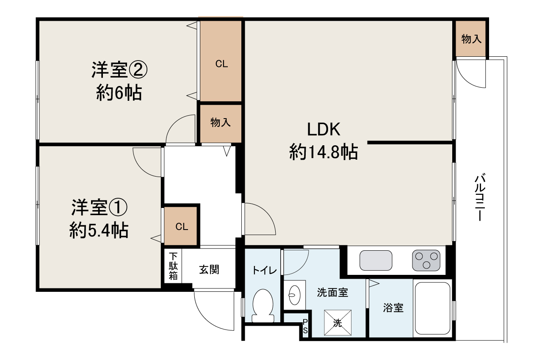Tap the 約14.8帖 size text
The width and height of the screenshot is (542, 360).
point(324,152)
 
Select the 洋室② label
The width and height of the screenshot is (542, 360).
point(119,70)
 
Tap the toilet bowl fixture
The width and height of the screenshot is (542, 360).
point(263,305)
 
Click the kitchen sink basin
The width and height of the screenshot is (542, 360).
point(376,260)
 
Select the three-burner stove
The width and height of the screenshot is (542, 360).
point(426,260)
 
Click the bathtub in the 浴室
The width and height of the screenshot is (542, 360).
point(432,308)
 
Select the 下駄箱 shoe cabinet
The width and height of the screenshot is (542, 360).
point(173,266)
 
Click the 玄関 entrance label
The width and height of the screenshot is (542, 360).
point(209,269)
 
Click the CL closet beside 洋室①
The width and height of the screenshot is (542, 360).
point(182,227)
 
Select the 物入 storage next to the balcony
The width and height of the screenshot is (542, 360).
point(471,39)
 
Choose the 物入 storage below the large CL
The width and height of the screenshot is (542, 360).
point(221,123)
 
